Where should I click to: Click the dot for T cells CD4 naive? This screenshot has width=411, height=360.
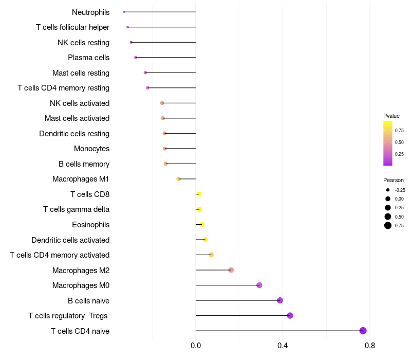click(363, 331)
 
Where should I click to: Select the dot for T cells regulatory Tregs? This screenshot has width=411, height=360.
click(290, 315)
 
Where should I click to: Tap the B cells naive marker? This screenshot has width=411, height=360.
click(280, 300)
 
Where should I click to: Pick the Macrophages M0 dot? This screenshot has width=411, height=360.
click(259, 285)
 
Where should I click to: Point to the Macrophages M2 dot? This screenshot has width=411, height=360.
click(231, 270)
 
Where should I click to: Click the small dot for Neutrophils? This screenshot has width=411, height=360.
click(124, 12)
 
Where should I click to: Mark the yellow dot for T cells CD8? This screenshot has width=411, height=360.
click(199, 194)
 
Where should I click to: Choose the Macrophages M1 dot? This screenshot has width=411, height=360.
click(179, 179)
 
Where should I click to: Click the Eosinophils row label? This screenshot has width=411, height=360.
click(90, 225)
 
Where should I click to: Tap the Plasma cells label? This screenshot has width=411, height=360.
click(88, 58)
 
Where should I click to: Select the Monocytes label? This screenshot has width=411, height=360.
click(91, 149)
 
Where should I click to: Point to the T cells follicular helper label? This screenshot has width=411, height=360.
click(72, 27)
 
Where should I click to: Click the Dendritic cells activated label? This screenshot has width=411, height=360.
click(70, 240)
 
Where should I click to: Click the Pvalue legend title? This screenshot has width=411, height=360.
click(391, 116)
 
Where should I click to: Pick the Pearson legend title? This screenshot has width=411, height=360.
click(394, 180)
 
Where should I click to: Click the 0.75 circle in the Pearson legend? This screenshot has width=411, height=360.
click(388, 225)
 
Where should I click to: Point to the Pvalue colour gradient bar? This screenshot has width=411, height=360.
click(388, 143)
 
